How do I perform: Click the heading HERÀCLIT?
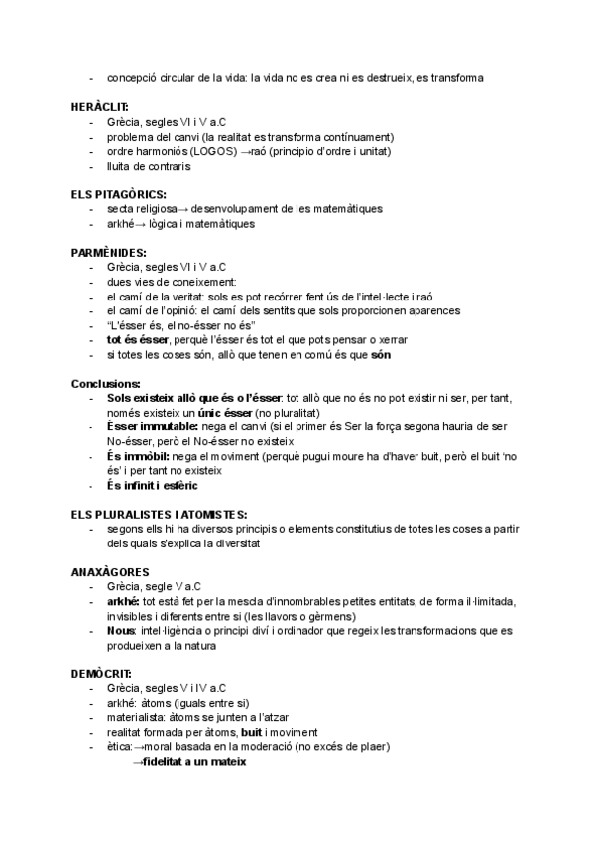click(x=99, y=106)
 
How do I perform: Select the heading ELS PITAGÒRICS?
click(x=118, y=194)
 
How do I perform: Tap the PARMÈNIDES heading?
click(x=108, y=253)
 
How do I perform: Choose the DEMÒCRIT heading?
click(x=102, y=674)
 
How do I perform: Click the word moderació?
click(x=276, y=746)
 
